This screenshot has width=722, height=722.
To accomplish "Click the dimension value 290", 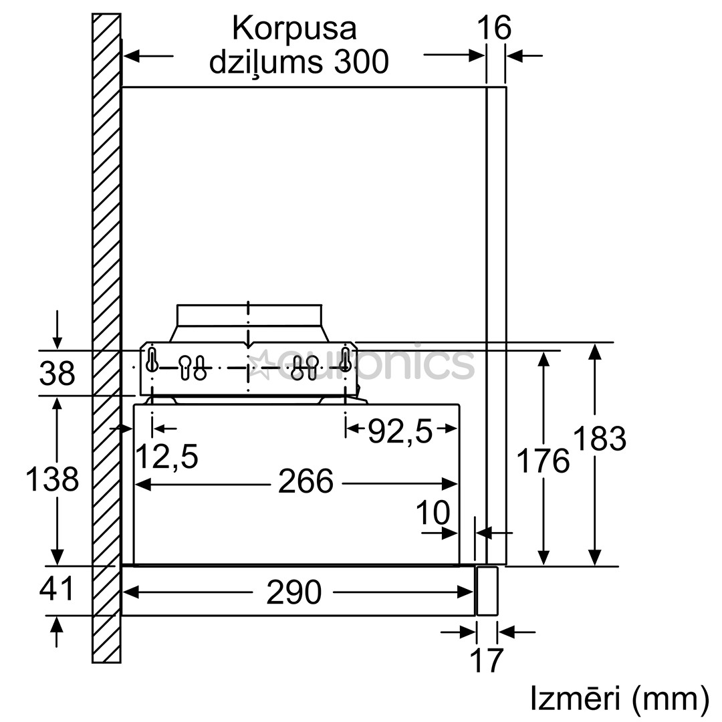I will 294,592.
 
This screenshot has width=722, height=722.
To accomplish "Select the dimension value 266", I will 305,482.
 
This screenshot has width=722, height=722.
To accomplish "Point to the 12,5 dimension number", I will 166,457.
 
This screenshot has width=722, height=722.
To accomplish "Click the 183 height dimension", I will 599,439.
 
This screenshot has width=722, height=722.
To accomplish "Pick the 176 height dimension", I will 544,461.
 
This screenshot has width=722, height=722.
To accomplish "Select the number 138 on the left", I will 51,479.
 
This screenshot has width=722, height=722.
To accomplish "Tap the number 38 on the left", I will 57,374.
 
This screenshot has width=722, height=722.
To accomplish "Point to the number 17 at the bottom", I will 486,660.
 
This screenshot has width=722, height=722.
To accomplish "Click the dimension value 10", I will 433,513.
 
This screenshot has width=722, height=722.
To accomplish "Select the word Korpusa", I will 294,29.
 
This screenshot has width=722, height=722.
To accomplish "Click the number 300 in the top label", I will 361,62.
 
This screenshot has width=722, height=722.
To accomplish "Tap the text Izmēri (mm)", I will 619,699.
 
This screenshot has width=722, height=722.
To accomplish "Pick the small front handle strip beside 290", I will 487,591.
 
